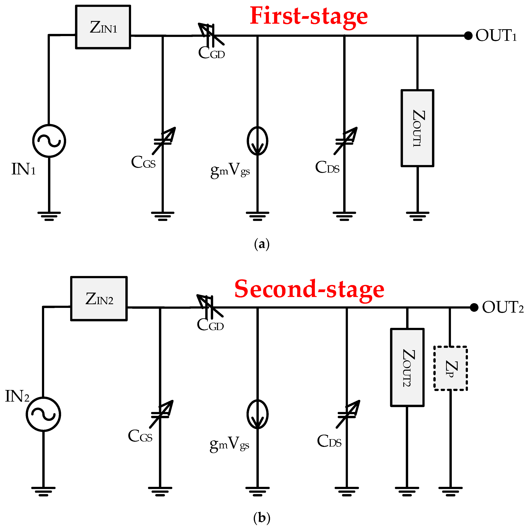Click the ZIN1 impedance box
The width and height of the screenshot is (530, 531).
point(103,27)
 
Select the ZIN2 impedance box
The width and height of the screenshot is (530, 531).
point(99,298)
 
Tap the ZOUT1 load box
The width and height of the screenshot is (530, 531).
point(417,128)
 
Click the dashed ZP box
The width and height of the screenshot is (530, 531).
point(451,368)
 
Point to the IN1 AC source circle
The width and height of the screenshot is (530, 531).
point(49,141)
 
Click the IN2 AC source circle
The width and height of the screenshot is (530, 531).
point(43,414)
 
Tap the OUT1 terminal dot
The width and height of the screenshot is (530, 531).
point(468,36)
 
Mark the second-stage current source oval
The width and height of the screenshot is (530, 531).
point(257,414)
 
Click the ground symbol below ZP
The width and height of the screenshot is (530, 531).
point(451,491)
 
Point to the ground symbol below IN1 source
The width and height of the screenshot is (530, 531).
point(49,216)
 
